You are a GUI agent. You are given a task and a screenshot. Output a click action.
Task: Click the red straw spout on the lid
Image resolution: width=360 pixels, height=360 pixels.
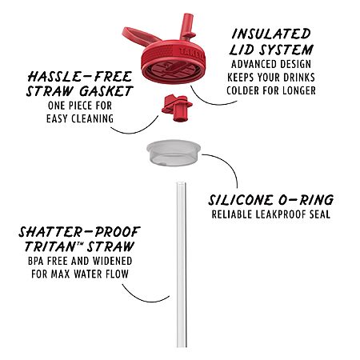[188, 26]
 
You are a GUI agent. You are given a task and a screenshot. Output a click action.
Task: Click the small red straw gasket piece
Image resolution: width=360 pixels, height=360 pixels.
[177, 108]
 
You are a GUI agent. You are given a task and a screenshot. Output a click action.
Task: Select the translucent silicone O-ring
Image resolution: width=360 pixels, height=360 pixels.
[174, 153]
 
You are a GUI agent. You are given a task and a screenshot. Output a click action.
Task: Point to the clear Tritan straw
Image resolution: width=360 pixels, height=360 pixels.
[181, 265]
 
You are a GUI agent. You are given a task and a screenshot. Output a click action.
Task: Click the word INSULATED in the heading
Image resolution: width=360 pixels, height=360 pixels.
[271, 34]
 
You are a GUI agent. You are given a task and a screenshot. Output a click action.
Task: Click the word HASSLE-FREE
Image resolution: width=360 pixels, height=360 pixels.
[80, 77]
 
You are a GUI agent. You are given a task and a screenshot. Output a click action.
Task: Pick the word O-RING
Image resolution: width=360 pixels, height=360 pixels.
[306, 200]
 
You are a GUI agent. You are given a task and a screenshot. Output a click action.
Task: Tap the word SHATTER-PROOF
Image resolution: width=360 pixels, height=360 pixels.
[79, 232]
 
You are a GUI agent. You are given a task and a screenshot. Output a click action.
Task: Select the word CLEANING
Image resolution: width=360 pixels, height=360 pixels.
[93, 118]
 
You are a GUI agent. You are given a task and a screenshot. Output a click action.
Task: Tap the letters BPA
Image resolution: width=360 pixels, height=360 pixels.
[35, 261]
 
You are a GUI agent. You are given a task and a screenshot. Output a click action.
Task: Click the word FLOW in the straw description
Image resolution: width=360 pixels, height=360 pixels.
[117, 274]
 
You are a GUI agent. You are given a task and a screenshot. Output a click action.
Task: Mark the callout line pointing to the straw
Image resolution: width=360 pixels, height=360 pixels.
[142, 298]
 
